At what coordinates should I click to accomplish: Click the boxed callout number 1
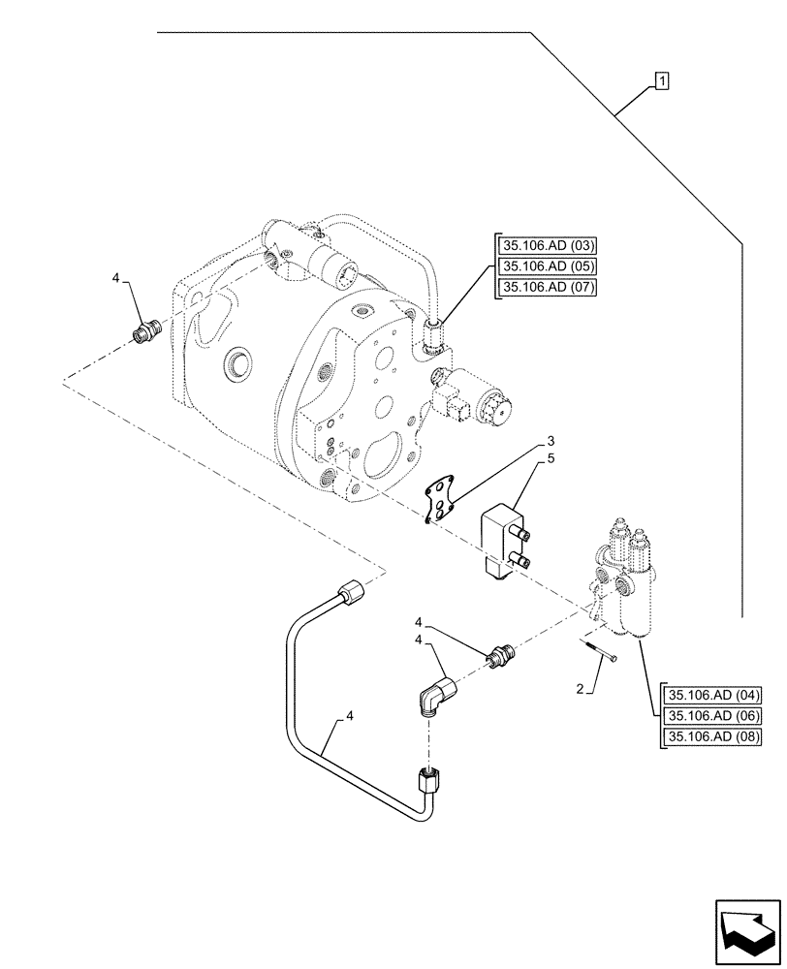[660, 81]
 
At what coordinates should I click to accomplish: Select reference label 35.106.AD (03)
[548, 245]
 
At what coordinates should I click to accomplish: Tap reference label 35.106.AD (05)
[548, 266]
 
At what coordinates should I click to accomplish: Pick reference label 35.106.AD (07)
[548, 288]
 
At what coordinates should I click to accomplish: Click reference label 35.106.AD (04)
[712, 694]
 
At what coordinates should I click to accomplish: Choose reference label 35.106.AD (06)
[712, 716]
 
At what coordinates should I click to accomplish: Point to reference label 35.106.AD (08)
[712, 738]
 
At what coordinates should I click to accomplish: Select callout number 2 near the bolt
[579, 689]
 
